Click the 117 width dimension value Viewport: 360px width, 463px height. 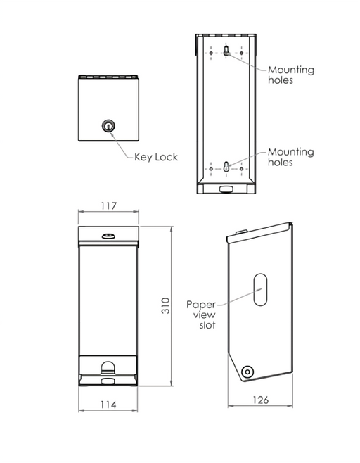[x=108, y=205]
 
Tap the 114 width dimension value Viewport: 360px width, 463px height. [x=108, y=404]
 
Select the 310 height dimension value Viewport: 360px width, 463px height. [x=165, y=305]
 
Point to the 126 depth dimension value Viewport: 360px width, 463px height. [x=261, y=400]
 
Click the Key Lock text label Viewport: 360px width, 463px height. [x=156, y=157]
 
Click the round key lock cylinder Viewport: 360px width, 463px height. [x=108, y=126]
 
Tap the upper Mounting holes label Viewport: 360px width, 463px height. [x=291, y=75]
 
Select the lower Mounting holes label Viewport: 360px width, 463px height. [x=290, y=157]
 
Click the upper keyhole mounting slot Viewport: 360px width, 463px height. [x=226, y=51]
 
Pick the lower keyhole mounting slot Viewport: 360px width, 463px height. [x=226, y=167]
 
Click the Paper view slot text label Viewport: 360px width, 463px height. [x=201, y=315]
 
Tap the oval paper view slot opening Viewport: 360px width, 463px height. [x=260, y=289]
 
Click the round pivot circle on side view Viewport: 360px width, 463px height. [x=247, y=372]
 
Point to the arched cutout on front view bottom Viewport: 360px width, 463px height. [x=108, y=367]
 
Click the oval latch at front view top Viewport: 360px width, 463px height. [x=108, y=236]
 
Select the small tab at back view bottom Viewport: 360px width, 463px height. [x=226, y=189]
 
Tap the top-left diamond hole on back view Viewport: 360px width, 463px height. [x=211, y=53]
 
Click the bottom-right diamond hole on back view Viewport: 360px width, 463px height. [x=241, y=169]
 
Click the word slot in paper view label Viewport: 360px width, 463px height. [x=207, y=325]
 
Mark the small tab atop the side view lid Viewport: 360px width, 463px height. [x=240, y=231]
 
